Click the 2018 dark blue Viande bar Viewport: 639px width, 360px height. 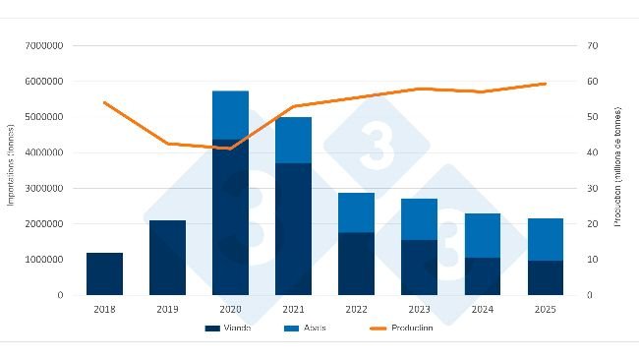coord(104,273)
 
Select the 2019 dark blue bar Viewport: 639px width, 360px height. coord(167,258)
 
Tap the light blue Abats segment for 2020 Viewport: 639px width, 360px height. coord(230,114)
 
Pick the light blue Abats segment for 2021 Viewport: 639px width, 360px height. coord(293,140)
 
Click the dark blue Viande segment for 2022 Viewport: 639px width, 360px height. coord(356,264)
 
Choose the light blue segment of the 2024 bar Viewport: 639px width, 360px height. coord(482,235)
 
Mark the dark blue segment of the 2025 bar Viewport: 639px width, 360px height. coord(545,277)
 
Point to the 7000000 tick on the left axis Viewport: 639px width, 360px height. coord(45,46)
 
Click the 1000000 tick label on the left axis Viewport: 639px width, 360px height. coord(45,260)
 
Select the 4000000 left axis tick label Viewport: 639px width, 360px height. coord(45,152)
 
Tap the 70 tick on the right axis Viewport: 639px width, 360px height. coord(593,46)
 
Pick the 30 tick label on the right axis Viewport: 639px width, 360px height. coord(593,188)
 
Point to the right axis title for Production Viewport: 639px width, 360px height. coord(618,169)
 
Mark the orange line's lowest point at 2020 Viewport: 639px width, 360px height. coord(230,149)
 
